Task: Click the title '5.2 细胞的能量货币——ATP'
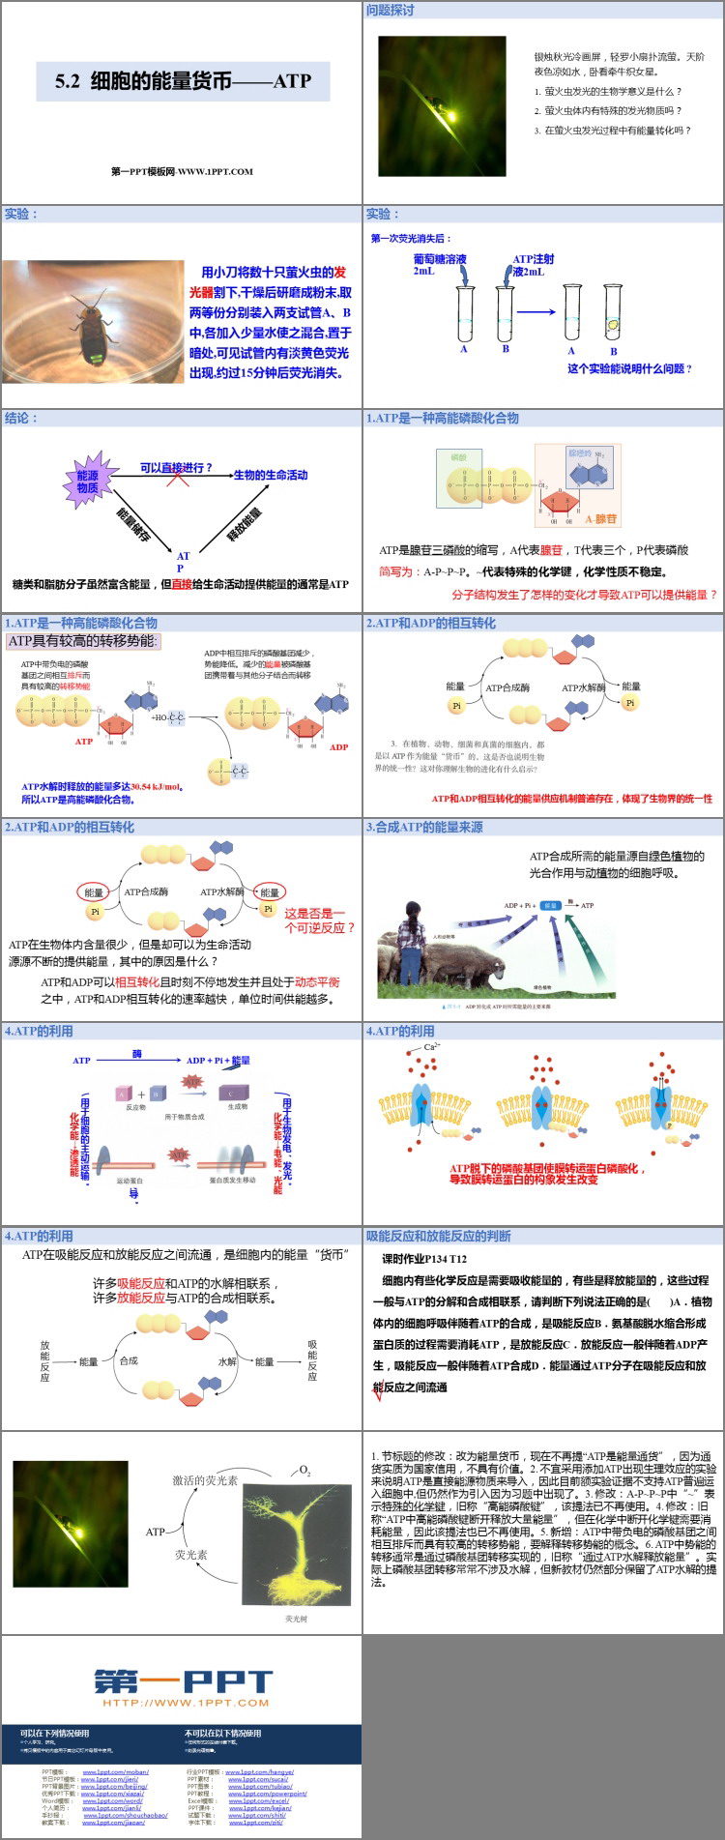tap(183, 81)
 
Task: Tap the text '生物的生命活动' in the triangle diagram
tap(271, 475)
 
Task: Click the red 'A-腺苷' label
tap(600, 519)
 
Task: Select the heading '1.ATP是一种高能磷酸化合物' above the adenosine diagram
tap(442, 419)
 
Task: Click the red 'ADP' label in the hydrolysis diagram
tap(338, 746)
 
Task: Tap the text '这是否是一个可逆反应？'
tap(319, 920)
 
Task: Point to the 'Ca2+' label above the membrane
tap(432, 1046)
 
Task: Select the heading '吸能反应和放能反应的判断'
tap(438, 1236)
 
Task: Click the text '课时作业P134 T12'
tap(424, 1259)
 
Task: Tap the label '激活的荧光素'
tap(205, 1480)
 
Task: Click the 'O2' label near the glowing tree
tap(304, 1471)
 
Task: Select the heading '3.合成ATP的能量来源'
tap(424, 828)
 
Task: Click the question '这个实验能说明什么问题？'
tap(629, 368)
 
